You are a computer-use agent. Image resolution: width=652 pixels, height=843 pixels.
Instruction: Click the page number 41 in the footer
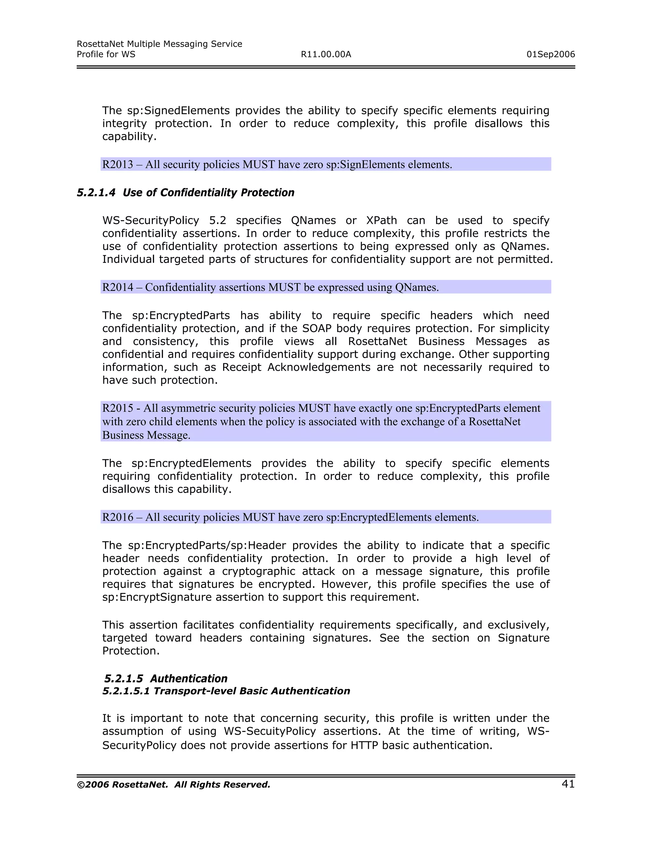pos(568,784)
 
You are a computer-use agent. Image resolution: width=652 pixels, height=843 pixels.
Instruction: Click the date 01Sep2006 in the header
pos(550,54)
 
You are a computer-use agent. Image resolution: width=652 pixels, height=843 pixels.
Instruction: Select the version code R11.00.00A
pos(326,54)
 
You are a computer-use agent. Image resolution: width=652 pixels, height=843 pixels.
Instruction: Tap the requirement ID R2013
pos(117,164)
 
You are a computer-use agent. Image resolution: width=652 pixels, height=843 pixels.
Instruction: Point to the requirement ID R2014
pos(117,287)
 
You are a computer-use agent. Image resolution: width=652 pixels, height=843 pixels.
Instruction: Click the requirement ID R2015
pos(117,408)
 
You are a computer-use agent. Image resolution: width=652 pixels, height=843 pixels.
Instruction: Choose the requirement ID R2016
pos(117,517)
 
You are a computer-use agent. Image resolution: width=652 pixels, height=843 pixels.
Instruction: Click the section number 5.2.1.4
pos(96,192)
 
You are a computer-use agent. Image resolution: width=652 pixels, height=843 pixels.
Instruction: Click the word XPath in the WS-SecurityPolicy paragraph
pos(381,220)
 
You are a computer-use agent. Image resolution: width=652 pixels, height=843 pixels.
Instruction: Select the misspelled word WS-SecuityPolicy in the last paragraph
pos(270,731)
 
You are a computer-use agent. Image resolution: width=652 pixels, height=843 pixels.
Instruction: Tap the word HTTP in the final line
pos(364,745)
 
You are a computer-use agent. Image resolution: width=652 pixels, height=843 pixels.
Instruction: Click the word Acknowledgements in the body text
pos(319,367)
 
